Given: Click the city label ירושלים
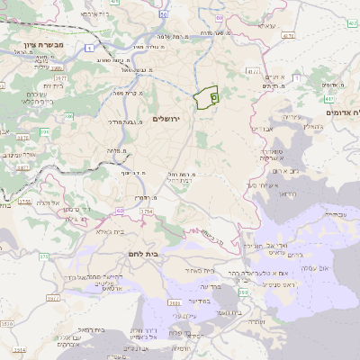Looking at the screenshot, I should (x=167, y=119).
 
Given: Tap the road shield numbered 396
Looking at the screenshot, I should (x=44, y=131).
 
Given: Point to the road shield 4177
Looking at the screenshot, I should (x=254, y=71).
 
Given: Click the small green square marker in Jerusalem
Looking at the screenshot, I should (x=213, y=95).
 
